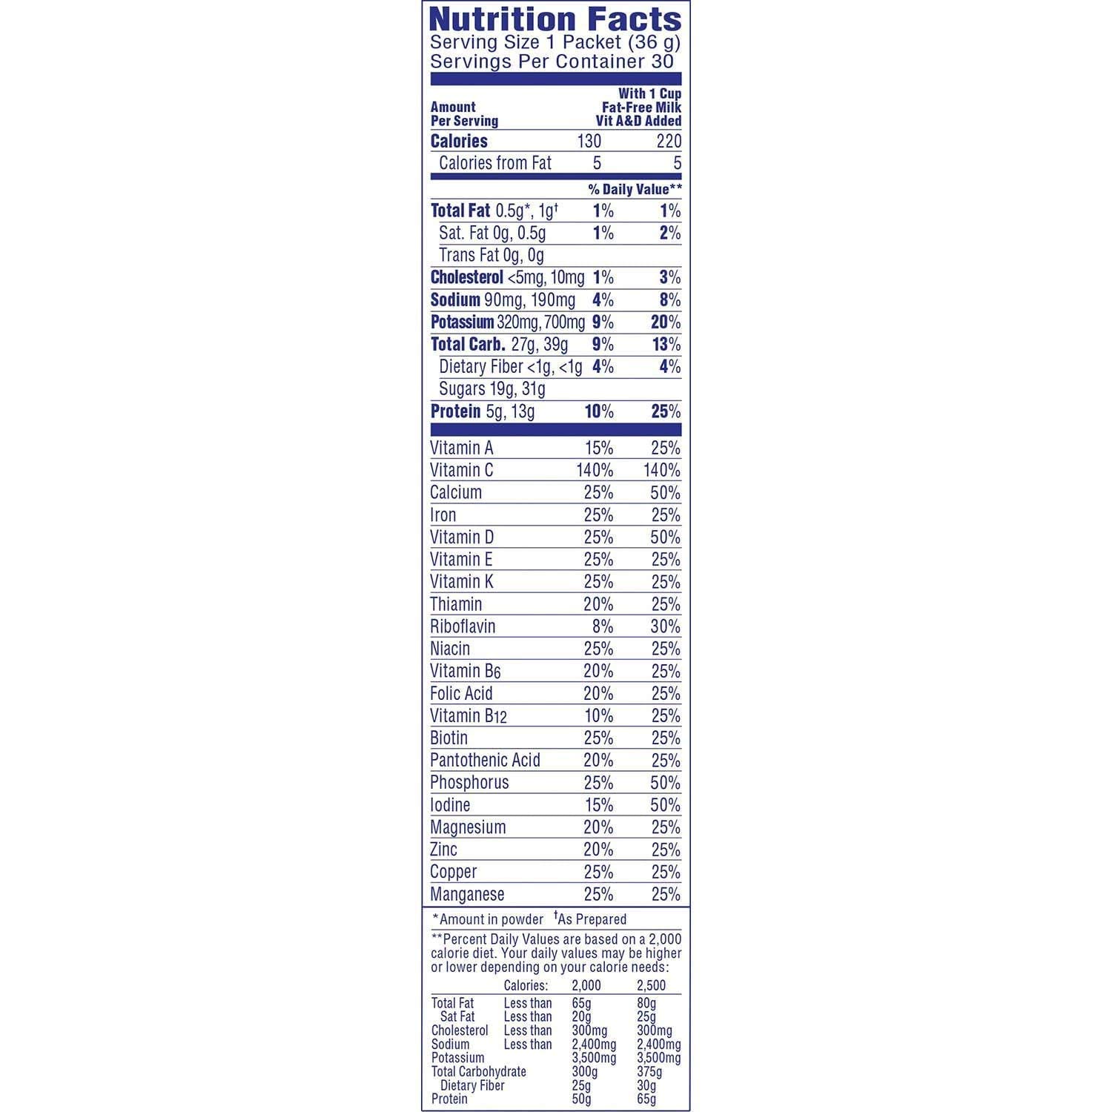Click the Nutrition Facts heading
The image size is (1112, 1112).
coord(555,19)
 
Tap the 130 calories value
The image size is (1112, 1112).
coord(589,141)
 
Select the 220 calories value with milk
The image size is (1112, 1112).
coord(669,141)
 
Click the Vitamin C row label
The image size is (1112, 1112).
coord(461,470)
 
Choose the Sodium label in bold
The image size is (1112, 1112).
coord(455,299)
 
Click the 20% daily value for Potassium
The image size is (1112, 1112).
coord(665,322)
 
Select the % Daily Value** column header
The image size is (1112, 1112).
coord(635,189)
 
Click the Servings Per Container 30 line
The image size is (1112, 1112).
coord(552,62)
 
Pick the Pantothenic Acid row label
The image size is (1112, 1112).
coord(485,760)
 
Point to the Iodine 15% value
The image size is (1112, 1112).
coord(598,804)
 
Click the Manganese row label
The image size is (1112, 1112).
coord(467,894)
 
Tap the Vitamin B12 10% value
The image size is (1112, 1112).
coord(598,715)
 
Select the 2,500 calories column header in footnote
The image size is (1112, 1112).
coord(651,985)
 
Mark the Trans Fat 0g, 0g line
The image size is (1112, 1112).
coord(491,255)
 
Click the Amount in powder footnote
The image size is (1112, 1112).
coord(488,919)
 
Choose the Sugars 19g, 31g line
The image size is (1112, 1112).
coord(492,388)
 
